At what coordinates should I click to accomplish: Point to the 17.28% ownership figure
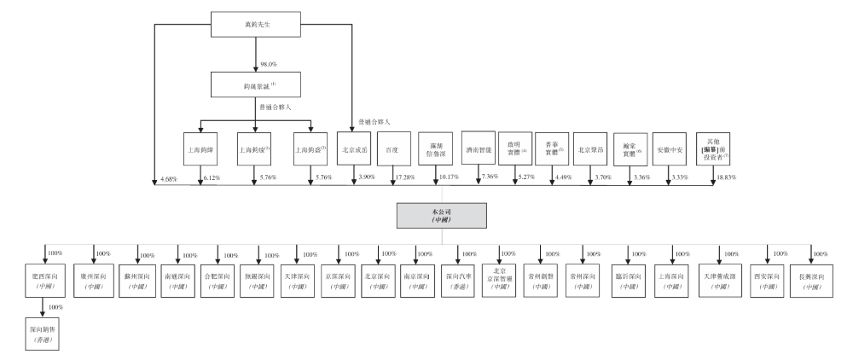[x=402, y=177]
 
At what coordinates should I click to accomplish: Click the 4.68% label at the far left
[x=169, y=178]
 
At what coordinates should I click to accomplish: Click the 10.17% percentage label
[x=446, y=177]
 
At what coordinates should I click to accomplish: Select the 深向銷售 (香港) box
[x=40, y=329]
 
